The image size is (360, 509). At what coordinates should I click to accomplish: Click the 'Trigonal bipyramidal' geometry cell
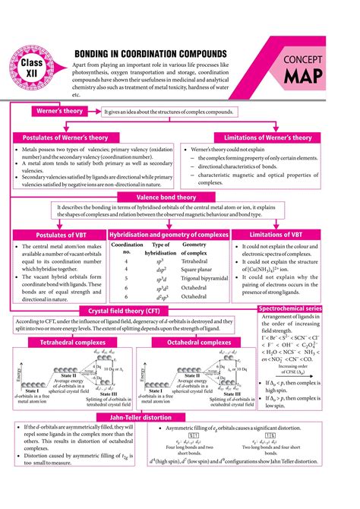point(206,278)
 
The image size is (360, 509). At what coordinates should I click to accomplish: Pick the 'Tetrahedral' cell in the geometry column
point(194,260)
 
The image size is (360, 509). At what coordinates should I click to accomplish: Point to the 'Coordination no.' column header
point(127,248)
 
